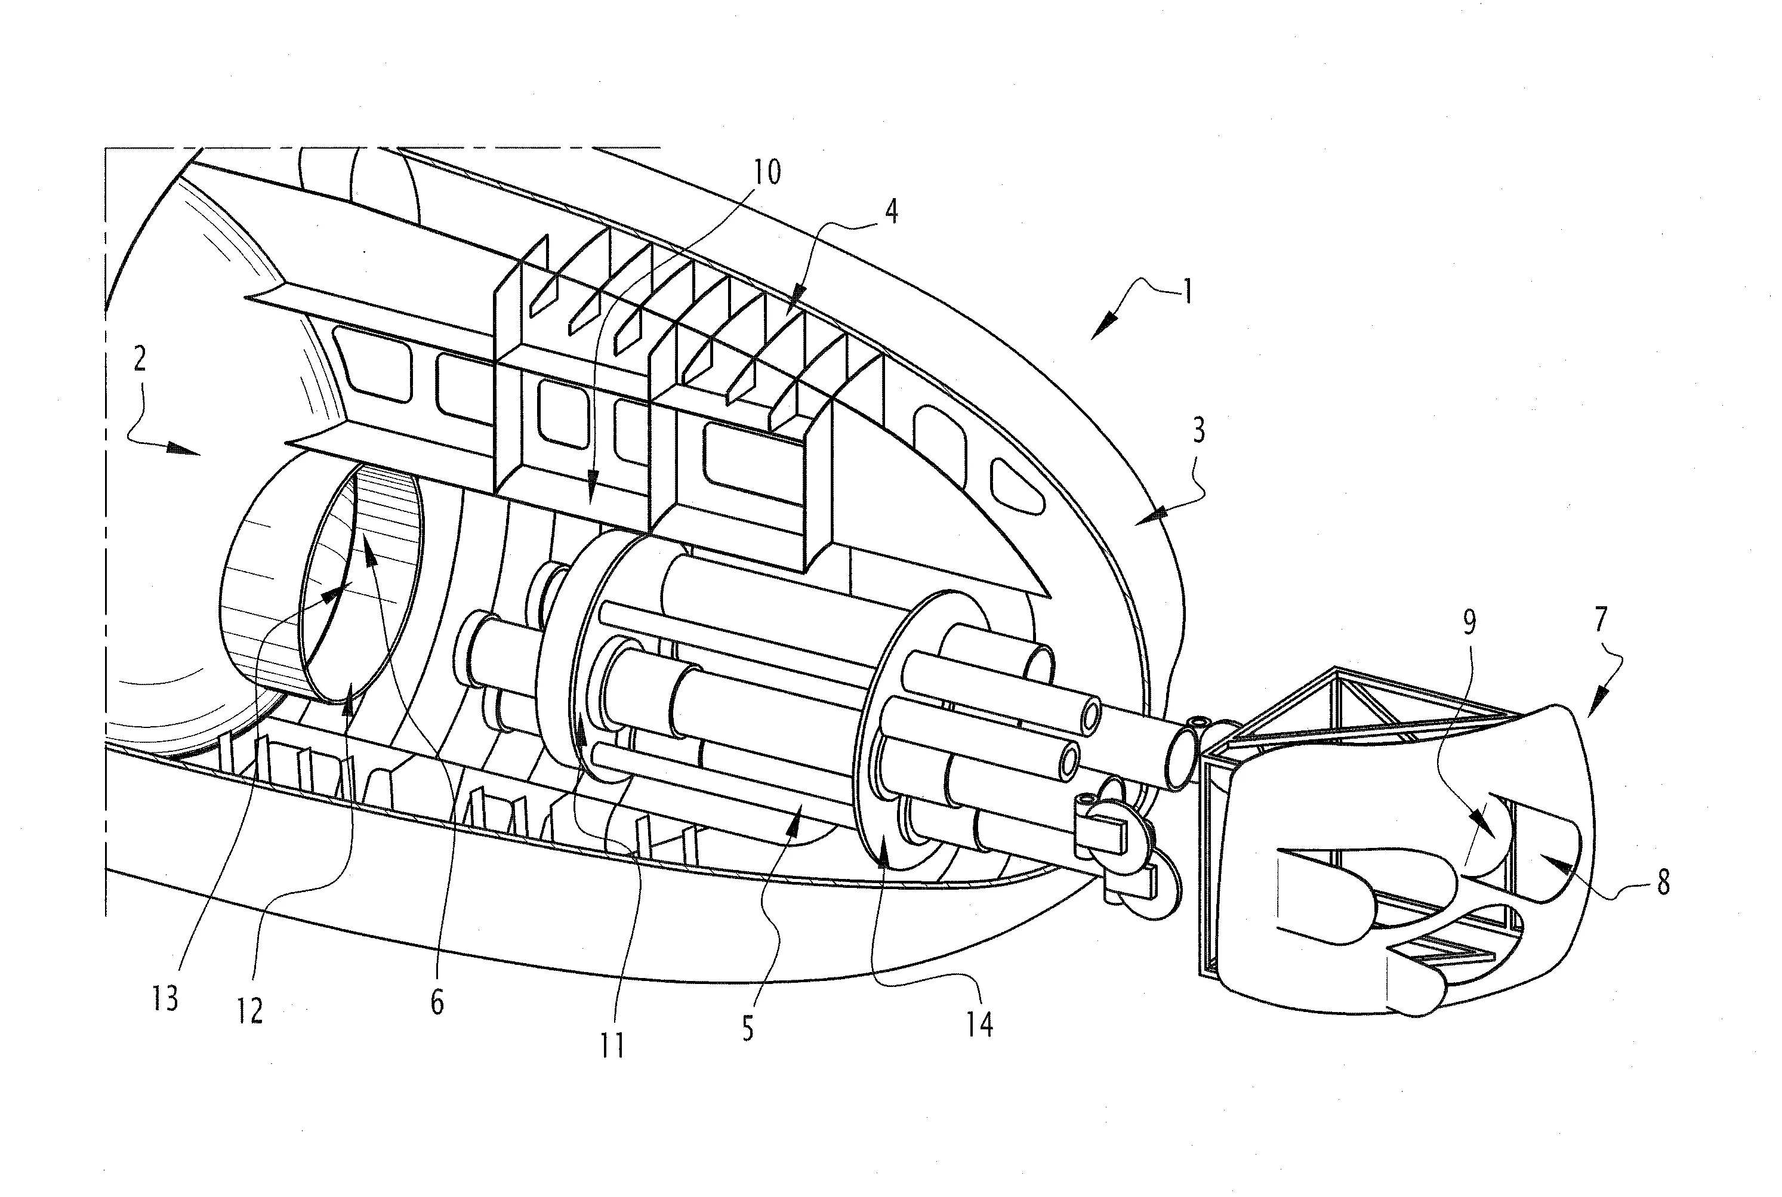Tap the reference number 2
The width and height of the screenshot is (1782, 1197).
(139, 358)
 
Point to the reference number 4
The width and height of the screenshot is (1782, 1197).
(891, 211)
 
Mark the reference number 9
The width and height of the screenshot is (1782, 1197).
(1468, 623)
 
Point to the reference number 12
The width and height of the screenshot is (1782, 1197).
(249, 1011)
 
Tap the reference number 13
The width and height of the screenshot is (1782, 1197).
(165, 998)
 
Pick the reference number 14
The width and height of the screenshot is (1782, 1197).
(979, 1024)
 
